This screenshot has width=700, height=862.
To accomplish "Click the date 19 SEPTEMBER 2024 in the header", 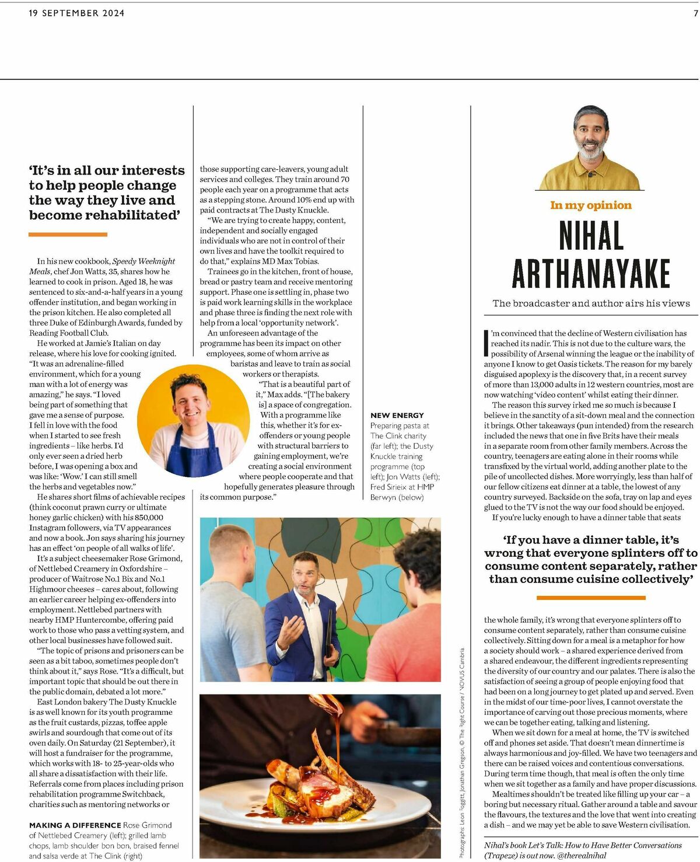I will [x=76, y=13].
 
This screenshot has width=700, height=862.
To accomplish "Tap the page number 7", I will [x=695, y=13].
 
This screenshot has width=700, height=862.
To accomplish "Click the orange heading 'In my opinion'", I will [x=590, y=205].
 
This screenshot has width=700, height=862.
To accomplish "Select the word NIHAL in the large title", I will [x=591, y=236].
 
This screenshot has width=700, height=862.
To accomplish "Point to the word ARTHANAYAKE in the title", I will [x=591, y=273].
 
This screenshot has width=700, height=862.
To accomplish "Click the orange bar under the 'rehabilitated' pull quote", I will [x=68, y=235].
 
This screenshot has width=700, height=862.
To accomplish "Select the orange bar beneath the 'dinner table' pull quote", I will [x=590, y=598].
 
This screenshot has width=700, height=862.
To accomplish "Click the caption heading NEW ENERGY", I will [x=397, y=415].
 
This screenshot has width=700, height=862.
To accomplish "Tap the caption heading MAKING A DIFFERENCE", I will [x=75, y=825].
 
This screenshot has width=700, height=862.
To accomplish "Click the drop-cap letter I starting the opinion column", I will [x=487, y=343].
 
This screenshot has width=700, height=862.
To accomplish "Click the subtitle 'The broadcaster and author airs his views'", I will [x=591, y=303].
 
